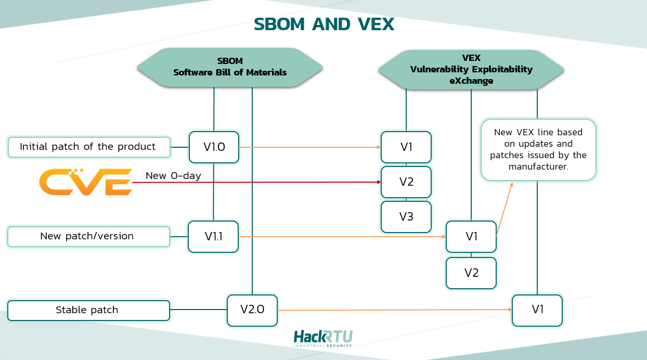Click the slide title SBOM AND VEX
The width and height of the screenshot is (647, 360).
coord(323,24)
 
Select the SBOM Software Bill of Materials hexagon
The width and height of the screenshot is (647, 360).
coord(229,68)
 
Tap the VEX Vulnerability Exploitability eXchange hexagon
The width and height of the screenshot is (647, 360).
coord(471,70)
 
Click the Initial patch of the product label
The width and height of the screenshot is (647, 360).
coord(89,147)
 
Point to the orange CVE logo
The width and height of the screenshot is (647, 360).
coord(86,182)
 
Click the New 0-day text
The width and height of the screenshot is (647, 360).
coord(173,176)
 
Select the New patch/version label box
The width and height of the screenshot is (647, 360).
coord(89,236)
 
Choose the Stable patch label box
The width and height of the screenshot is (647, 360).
coord(89,310)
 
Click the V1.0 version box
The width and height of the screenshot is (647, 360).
coord(214,147)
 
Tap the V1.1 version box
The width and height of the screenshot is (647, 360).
coord(213,237)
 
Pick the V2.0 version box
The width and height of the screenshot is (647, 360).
coord(252,310)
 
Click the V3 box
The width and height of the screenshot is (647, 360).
coord(406,217)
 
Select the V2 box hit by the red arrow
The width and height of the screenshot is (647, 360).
coord(406,182)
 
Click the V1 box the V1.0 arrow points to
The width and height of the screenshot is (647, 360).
coord(406,147)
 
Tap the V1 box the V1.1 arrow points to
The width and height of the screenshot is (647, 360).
coord(471,237)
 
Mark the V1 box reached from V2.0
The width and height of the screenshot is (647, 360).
coord(537,310)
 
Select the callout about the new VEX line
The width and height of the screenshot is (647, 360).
coord(538,150)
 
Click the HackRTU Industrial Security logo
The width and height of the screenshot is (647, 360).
coord(323,338)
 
